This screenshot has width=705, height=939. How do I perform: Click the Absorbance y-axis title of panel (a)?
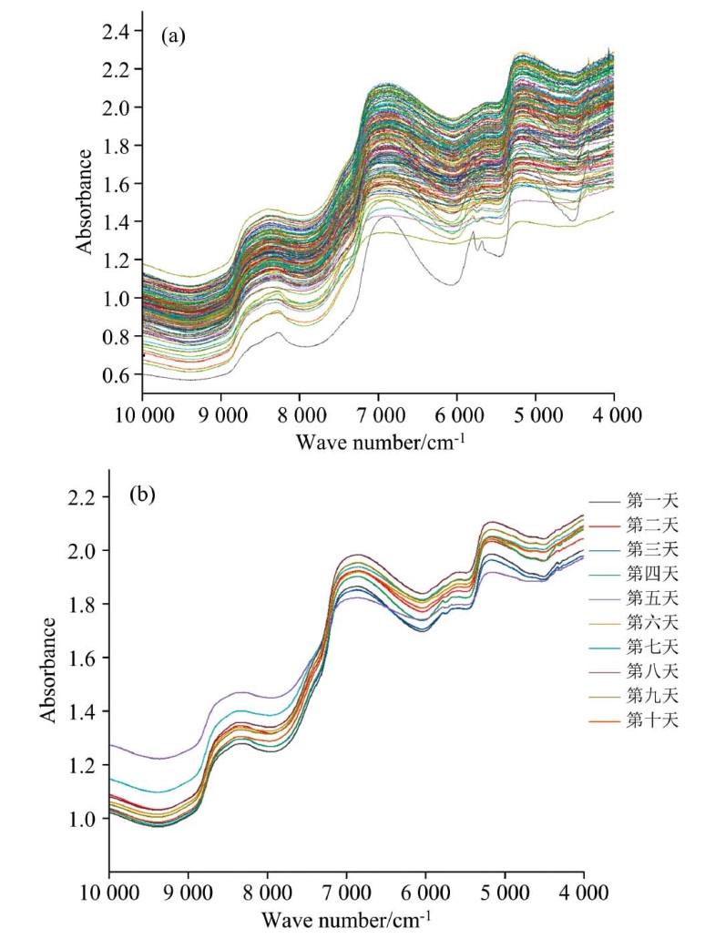[84, 202]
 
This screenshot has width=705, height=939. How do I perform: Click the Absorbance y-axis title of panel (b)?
[47, 669]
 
